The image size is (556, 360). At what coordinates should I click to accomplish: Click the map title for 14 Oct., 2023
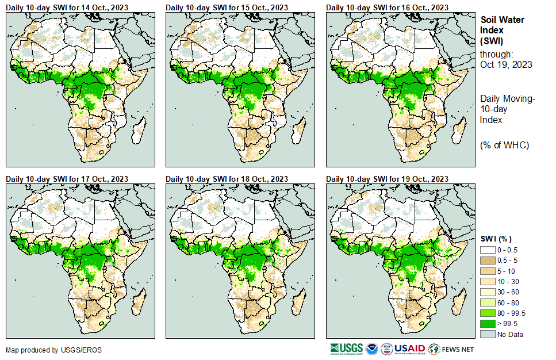tap(67, 7)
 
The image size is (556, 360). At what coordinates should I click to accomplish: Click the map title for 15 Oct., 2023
tap(227, 7)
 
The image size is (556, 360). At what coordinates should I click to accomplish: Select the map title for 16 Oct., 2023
tap(388, 7)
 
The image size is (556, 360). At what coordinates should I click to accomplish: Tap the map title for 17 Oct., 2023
tap(67, 179)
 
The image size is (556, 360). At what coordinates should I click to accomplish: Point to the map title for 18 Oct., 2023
tap(227, 179)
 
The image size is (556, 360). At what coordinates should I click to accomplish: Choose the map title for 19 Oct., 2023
tap(388, 179)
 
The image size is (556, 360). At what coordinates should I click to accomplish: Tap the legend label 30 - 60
tap(508, 292)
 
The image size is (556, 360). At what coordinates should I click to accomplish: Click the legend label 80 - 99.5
tap(511, 313)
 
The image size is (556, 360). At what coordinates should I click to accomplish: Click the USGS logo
tap(346, 348)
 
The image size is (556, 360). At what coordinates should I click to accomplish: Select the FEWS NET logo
tap(451, 348)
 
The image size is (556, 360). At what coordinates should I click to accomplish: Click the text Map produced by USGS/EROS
tap(46, 350)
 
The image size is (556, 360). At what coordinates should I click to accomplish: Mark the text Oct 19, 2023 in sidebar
tap(506, 64)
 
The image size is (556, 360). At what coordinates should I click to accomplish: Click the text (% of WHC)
tap(504, 145)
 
